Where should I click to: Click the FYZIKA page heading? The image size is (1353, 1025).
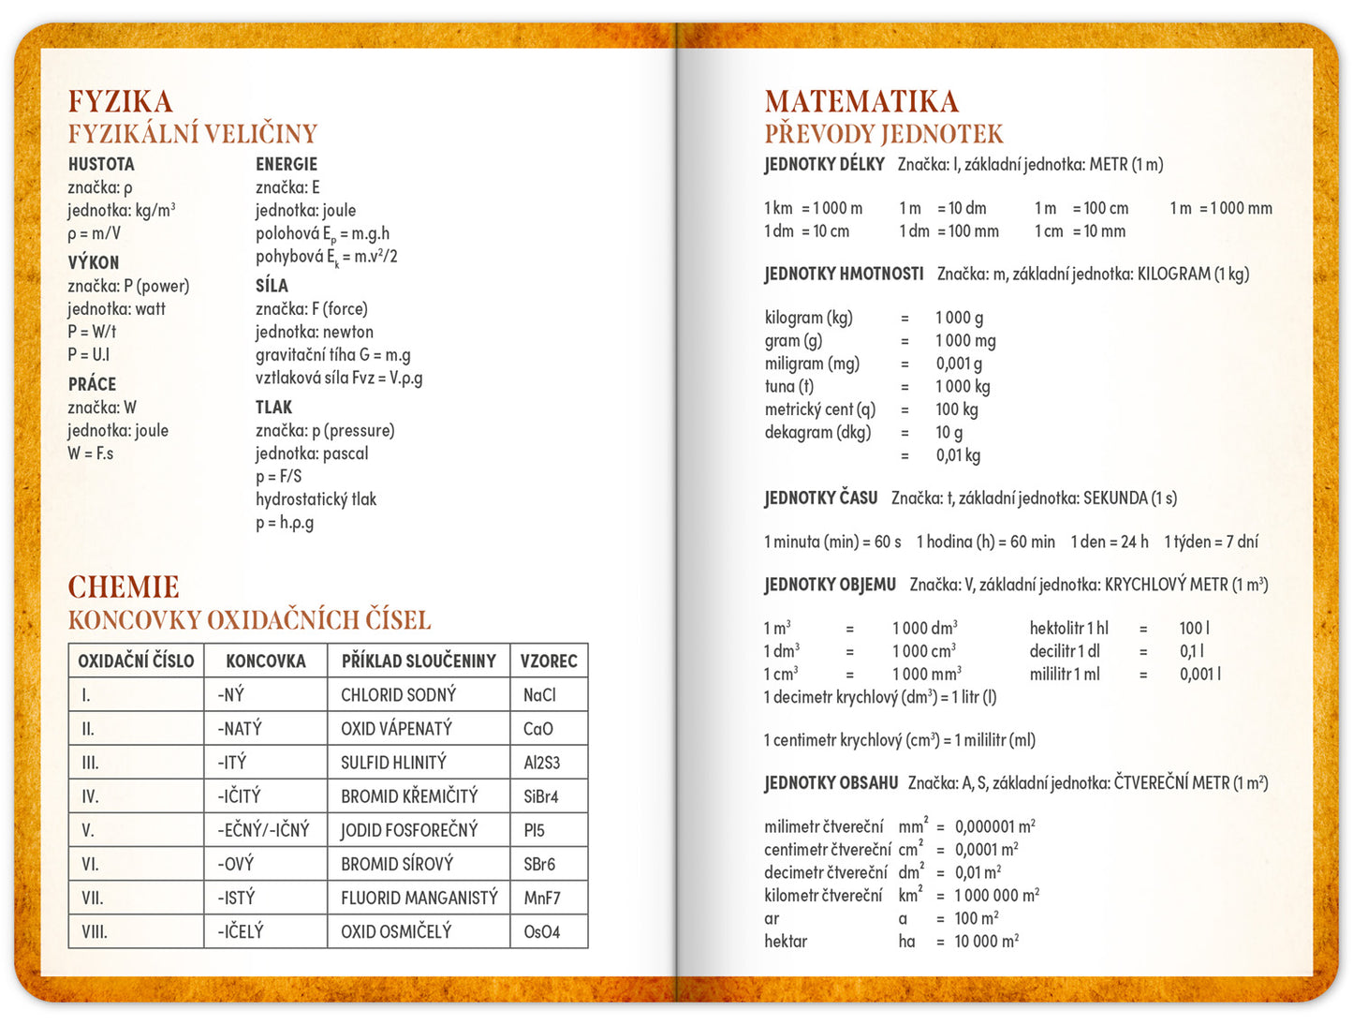pos(120,101)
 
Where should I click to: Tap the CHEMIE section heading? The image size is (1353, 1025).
pos(123,587)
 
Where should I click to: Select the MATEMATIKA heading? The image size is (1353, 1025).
pos(860,101)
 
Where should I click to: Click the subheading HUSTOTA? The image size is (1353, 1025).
pos(101,164)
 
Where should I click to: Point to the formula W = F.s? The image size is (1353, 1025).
pos(90,453)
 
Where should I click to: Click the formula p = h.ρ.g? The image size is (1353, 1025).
pos(285,523)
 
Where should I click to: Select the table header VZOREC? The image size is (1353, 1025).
pos(549,661)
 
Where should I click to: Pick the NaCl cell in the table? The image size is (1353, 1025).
pos(539,695)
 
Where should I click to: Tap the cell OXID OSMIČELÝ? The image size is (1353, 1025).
pos(396,932)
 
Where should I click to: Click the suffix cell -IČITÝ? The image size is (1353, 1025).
pos(239,797)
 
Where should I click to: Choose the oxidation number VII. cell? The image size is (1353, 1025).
pos(92,899)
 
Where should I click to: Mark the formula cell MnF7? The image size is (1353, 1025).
pos(542,899)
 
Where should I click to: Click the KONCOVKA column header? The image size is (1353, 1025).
pos(266,661)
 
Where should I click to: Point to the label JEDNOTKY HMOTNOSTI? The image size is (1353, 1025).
pos(844,275)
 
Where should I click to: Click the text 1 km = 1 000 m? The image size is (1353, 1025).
pos(813,208)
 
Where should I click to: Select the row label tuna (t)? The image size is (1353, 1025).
pos(789,386)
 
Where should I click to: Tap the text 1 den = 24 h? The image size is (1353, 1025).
pos(1110,542)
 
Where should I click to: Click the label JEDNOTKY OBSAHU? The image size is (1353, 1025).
pos(831,783)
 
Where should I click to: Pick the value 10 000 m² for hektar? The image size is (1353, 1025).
pos(987,942)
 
